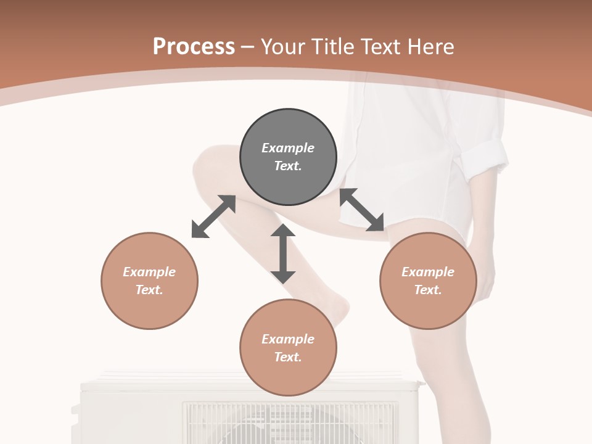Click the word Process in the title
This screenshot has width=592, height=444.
(194, 47)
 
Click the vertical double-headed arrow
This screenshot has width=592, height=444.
(283, 253)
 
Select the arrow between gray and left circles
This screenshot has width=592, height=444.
(213, 216)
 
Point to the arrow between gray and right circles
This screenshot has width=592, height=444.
(362, 210)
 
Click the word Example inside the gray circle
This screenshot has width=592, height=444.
(288, 148)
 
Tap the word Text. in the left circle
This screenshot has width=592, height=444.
(149, 290)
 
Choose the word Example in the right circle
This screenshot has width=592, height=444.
(428, 272)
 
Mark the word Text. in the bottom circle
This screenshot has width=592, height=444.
(288, 357)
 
